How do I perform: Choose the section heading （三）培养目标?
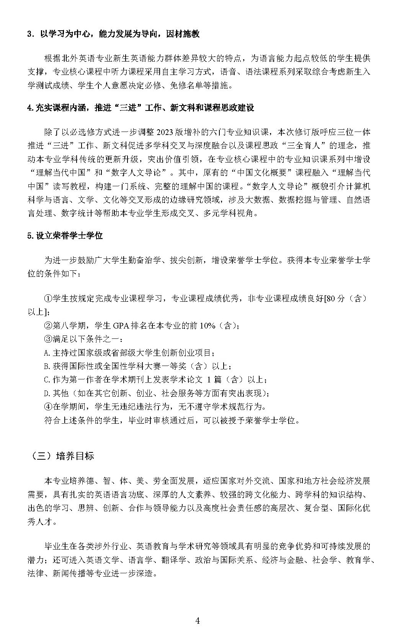coord(61,456)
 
